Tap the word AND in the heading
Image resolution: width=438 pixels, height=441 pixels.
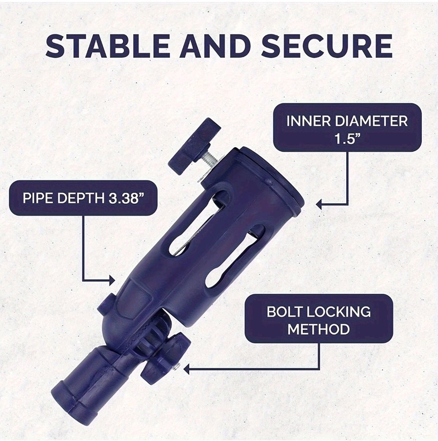tap(215, 45)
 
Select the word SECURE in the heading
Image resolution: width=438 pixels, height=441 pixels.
tap(327, 45)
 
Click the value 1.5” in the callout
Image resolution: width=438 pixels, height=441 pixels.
tap(348, 138)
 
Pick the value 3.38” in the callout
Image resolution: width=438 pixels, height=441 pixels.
tap(124, 198)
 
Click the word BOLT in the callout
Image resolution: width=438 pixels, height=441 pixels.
tap(283, 312)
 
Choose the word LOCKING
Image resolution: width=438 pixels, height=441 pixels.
tap(337, 312)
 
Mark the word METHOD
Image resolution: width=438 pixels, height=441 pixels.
tap(318, 329)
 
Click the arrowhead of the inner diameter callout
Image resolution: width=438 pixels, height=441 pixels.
tap(319, 204)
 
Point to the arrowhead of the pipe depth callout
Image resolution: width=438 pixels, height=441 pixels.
tap(112, 280)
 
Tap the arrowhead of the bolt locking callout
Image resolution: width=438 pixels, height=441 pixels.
tap(186, 369)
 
